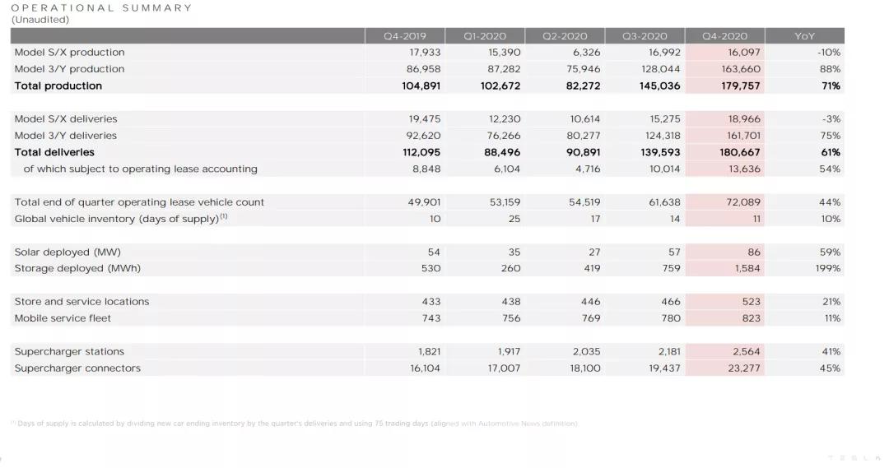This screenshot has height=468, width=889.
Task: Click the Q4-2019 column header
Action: [x=405, y=36]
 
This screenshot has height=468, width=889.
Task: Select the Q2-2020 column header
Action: [x=565, y=36]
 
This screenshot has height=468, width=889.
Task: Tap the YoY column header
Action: [x=804, y=36]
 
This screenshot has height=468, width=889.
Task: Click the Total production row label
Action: [x=58, y=86]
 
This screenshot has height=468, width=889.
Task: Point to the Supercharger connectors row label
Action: [x=77, y=368]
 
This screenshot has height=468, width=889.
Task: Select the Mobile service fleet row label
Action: [x=63, y=318]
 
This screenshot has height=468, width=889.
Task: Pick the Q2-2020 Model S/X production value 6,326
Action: [x=585, y=53]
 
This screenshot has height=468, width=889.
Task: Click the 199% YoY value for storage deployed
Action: [x=828, y=268]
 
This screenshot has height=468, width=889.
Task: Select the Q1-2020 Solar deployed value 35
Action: [x=513, y=252]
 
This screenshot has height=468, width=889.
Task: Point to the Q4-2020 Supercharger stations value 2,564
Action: [x=747, y=351]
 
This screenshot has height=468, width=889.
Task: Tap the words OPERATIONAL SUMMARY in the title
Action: [x=101, y=8]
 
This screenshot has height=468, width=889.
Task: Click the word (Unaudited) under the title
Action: [x=40, y=20]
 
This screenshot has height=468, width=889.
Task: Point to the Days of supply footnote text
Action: [x=296, y=424]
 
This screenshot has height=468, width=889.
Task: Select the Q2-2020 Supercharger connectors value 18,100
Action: [x=585, y=368]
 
